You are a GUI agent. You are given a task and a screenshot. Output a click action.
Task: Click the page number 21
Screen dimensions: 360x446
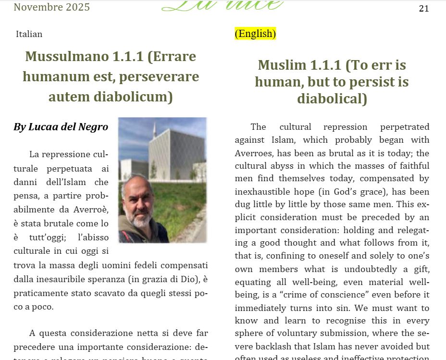[x=423, y=9]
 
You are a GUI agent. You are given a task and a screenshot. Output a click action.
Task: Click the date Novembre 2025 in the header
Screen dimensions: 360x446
[x=51, y=7]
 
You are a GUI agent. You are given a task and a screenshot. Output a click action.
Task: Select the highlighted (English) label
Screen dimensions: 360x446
[x=255, y=34]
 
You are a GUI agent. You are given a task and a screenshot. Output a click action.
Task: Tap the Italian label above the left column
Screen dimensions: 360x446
[x=29, y=34]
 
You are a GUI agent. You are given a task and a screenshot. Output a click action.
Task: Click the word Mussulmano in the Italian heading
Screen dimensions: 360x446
[x=67, y=56]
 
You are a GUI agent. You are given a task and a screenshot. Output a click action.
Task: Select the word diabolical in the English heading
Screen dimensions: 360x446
[x=332, y=99]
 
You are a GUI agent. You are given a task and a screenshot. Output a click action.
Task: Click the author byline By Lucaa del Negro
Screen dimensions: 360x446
[x=61, y=127]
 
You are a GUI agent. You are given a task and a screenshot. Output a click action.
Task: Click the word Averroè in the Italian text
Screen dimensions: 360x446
[x=91, y=210]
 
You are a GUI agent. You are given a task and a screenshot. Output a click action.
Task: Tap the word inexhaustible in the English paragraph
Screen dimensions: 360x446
[x=263, y=192]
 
